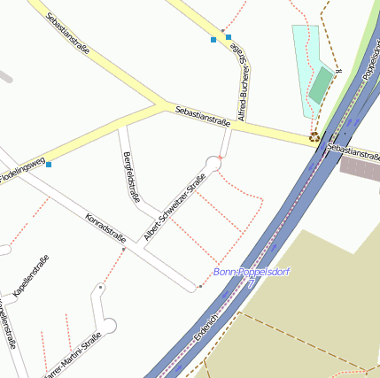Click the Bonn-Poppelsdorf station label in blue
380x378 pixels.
pos(251,272)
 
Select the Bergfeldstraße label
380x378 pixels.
pos(131,176)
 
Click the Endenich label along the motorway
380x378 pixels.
pos(206,328)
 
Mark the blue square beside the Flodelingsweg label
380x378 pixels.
pos(49,164)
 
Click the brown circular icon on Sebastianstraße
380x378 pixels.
pos(314,137)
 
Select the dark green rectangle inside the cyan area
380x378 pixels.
pos(322,84)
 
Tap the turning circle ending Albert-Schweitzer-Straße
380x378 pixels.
pos(213,162)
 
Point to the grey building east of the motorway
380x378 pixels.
pos(361,168)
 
